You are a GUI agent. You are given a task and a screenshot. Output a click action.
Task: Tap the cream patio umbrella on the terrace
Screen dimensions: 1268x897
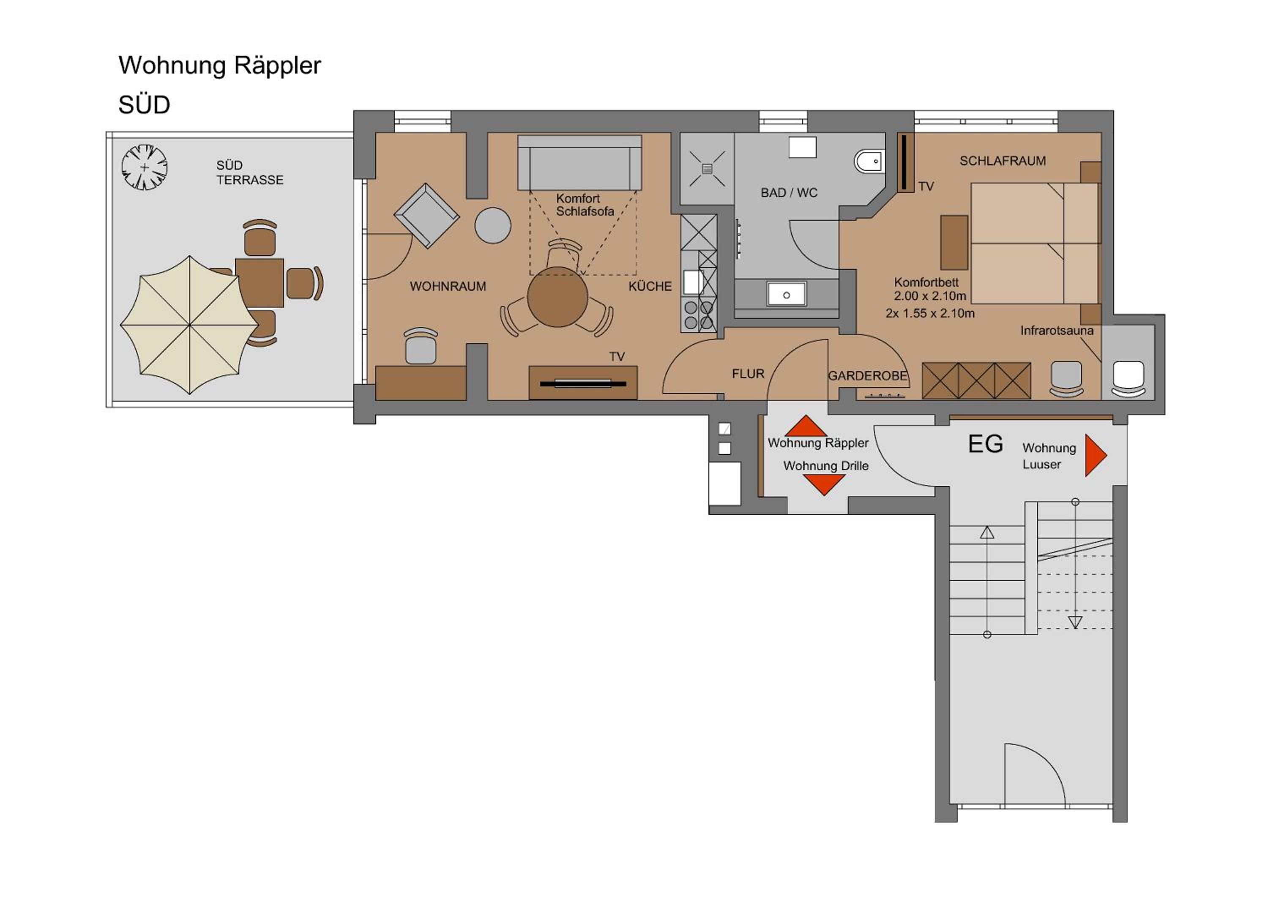pyautogui.click(x=189, y=325)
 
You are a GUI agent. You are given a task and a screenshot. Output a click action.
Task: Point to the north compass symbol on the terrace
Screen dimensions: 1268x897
pyautogui.click(x=145, y=167)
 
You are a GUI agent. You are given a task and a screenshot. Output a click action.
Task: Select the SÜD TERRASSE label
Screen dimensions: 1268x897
pyautogui.click(x=250, y=172)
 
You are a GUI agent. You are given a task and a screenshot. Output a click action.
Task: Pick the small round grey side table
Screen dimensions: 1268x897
pyautogui.click(x=493, y=225)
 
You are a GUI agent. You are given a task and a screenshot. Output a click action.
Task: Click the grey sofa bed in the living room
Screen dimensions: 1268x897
pyautogui.click(x=579, y=162)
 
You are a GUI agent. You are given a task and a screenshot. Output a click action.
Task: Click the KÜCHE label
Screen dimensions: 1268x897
pyautogui.click(x=650, y=286)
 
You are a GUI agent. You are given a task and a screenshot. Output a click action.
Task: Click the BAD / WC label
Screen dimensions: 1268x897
pyautogui.click(x=789, y=193)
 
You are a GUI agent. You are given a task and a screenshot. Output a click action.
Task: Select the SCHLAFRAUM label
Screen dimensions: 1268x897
pyautogui.click(x=1003, y=161)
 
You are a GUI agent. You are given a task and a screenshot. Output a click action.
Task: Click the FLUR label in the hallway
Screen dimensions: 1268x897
pyautogui.click(x=748, y=374)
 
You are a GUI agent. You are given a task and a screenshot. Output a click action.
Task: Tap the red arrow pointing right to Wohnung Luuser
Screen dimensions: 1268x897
pyautogui.click(x=1096, y=455)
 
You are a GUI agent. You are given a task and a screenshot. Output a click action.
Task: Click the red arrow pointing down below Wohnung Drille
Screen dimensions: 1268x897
pyautogui.click(x=824, y=484)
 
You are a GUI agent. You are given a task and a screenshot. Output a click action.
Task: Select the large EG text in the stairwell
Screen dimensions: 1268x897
pyautogui.click(x=985, y=444)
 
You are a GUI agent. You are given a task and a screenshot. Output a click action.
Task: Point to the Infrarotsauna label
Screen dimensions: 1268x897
pyautogui.click(x=1057, y=330)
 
